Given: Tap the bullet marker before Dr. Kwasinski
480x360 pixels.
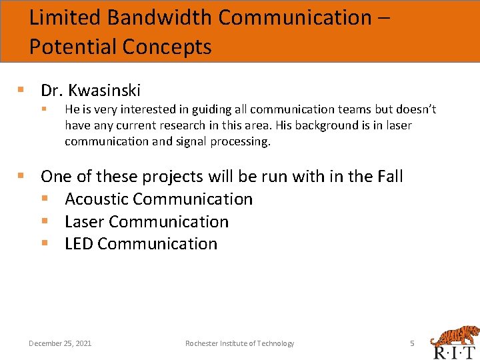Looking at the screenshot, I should (x=21, y=89).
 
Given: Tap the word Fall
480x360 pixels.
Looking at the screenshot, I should (x=388, y=176).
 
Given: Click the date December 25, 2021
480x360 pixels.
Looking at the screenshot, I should (x=60, y=343).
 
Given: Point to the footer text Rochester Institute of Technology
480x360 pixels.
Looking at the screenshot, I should (x=239, y=343).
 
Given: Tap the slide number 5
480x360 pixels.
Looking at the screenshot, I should (x=412, y=343).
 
